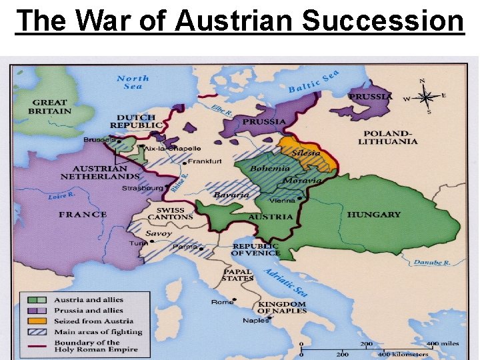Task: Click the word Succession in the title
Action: point(383,21)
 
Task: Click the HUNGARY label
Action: point(373,215)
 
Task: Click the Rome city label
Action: point(222,302)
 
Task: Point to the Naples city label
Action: point(255,321)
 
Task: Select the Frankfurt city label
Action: point(205,161)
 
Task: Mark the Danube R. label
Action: point(431,263)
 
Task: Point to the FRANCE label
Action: point(82,214)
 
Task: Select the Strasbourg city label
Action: point(141,188)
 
